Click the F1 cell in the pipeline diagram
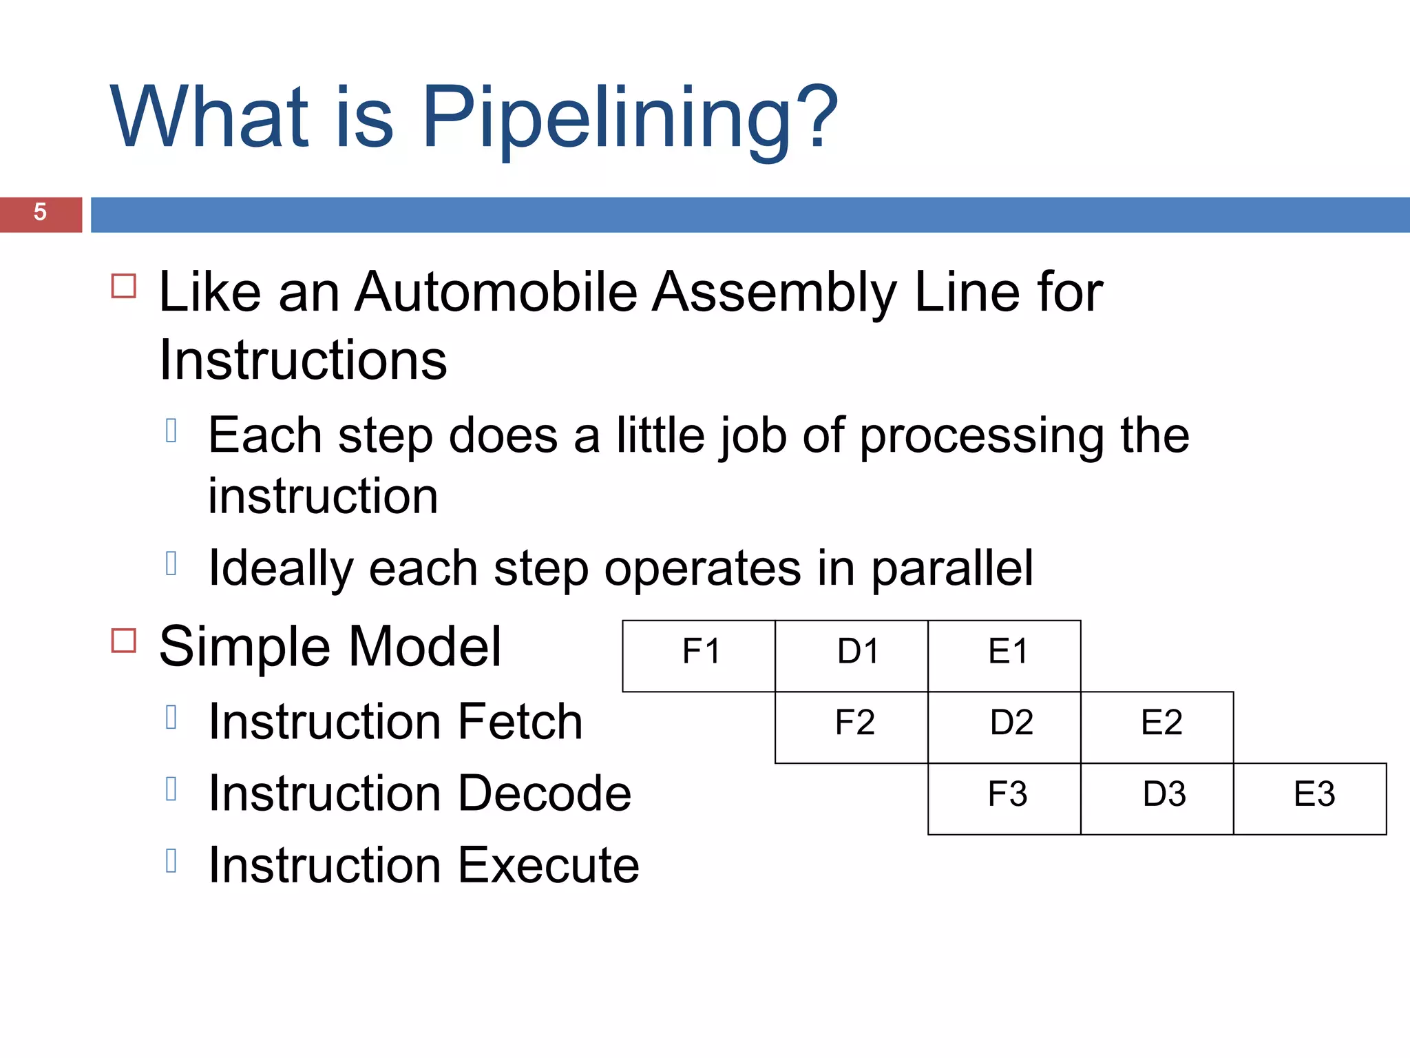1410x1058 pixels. tap(699, 655)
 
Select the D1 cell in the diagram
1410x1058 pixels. tap(852, 655)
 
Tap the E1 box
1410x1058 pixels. tap(1004, 655)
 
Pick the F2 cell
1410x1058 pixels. tap(852, 727)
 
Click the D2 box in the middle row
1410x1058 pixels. tap(1004, 727)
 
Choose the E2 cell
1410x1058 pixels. tap(1157, 727)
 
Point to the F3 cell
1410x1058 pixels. tap(1004, 798)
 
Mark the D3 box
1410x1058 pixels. tap(1157, 798)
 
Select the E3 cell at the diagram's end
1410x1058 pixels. tap(1310, 798)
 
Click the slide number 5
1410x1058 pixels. tap(40, 212)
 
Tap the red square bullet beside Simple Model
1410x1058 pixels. tap(124, 641)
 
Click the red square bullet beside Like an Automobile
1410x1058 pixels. tap(124, 285)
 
